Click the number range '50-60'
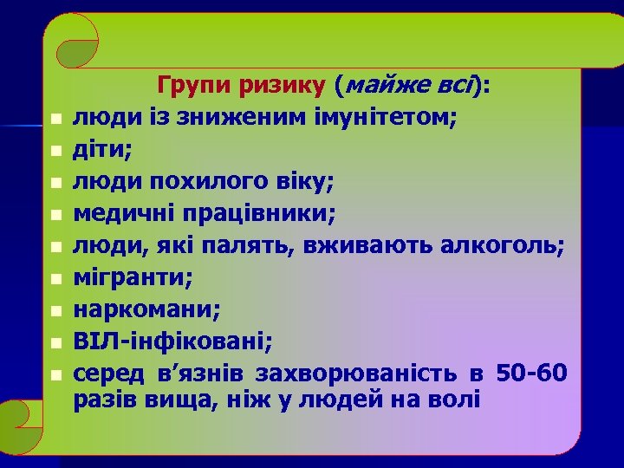click(531, 374)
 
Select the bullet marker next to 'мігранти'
click(53, 279)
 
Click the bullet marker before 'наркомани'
click(53, 311)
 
